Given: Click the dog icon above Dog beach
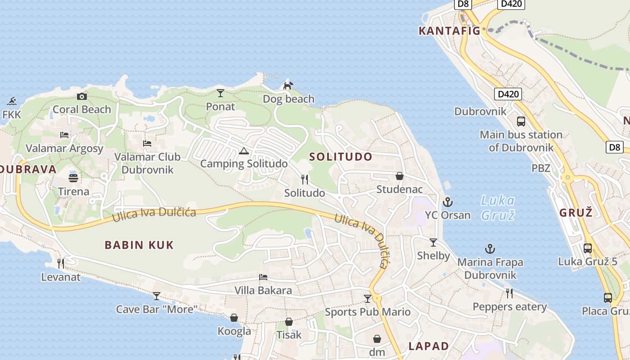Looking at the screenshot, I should pyautogui.click(x=288, y=85).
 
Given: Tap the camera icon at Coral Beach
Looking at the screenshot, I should pyautogui.click(x=81, y=96).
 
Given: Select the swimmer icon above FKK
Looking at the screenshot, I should pyautogui.click(x=12, y=100).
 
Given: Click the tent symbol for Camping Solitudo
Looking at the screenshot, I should pyautogui.click(x=243, y=151).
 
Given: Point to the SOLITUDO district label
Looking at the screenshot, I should pyautogui.click(x=341, y=157).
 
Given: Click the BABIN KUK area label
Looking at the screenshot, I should pyautogui.click(x=139, y=245).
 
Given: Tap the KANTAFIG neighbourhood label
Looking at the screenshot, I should pyautogui.click(x=450, y=31).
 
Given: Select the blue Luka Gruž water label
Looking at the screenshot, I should pyautogui.click(x=497, y=207).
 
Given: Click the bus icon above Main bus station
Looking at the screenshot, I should pyautogui.click(x=521, y=121).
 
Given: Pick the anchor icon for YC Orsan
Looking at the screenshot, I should pyautogui.click(x=447, y=202).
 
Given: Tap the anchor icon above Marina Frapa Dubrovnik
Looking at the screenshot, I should pyautogui.click(x=490, y=248).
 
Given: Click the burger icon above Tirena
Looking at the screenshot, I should pyautogui.click(x=73, y=177).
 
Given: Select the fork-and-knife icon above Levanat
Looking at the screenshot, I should pyautogui.click(x=60, y=263).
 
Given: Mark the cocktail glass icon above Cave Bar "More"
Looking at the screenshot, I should pyautogui.click(x=157, y=296).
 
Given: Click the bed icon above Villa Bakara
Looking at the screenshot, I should pyautogui.click(x=263, y=277).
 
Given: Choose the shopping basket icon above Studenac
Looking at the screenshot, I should pyautogui.click(x=399, y=175).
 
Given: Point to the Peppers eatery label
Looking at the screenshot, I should pyautogui.click(x=509, y=307).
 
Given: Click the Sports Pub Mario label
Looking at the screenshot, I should pyautogui.click(x=368, y=312).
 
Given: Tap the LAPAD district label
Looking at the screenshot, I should pyautogui.click(x=428, y=346).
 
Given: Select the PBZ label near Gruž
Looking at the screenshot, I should pyautogui.click(x=541, y=168).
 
